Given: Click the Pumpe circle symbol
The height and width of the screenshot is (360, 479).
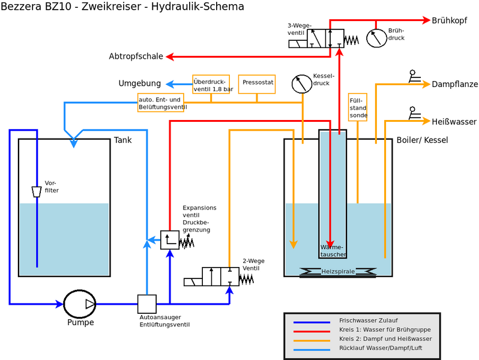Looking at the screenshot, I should pyautogui.click(x=79, y=304).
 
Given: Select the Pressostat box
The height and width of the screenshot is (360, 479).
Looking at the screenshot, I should pyautogui.click(x=257, y=84).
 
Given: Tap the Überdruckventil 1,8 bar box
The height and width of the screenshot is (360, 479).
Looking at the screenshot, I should pyautogui.click(x=211, y=85).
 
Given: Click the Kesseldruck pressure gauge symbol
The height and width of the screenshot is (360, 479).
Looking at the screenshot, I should pyautogui.click(x=301, y=84).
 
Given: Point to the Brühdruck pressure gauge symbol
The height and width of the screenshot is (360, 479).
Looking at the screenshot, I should pyautogui.click(x=377, y=38).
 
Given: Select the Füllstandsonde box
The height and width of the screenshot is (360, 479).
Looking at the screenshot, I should pyautogui.click(x=358, y=106).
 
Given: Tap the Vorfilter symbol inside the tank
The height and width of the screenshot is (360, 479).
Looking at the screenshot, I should pyautogui.click(x=37, y=191).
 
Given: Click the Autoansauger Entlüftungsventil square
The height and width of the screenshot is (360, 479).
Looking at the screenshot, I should pyautogui.click(x=147, y=304).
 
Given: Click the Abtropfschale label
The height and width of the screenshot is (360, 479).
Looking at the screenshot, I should pyautogui.click(x=136, y=57).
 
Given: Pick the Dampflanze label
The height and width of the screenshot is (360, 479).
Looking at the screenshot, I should pyautogui.click(x=454, y=85).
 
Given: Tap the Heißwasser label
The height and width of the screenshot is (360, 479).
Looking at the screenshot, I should pyautogui.click(x=454, y=122).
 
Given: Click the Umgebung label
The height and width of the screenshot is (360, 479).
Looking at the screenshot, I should pyautogui.click(x=140, y=83).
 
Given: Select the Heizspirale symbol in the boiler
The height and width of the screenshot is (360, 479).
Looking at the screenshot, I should pyautogui.click(x=338, y=272).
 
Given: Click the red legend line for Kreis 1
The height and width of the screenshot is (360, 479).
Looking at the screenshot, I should pyautogui.click(x=311, y=331).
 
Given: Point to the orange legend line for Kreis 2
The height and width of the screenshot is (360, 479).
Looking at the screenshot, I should pyautogui.click(x=311, y=340).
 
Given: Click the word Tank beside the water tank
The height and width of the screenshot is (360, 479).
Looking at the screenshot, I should pyautogui.click(x=122, y=140).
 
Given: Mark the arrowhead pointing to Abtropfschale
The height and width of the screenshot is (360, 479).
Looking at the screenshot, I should pyautogui.click(x=169, y=57).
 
